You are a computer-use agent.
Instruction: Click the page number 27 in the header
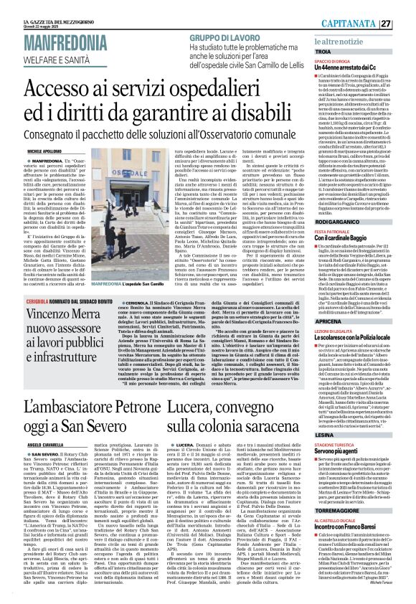(x=406, y=24)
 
